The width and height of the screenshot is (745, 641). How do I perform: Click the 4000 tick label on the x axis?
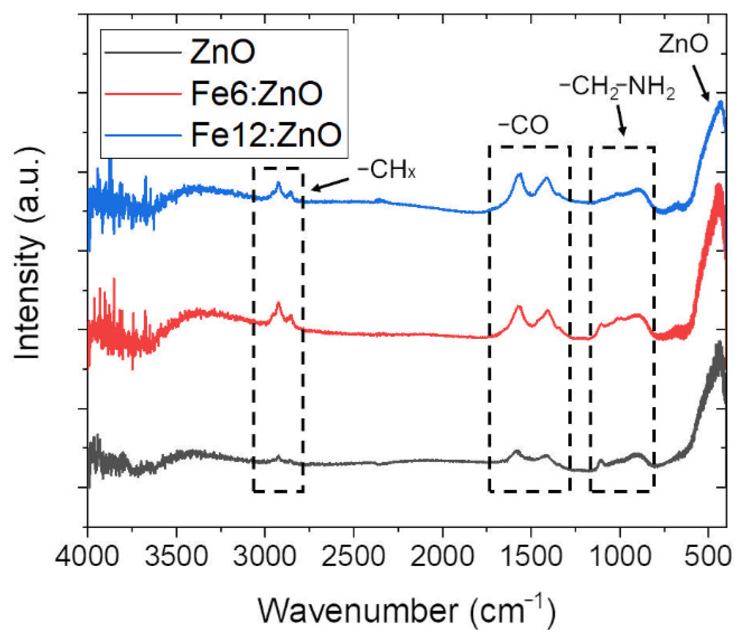(x=87, y=557)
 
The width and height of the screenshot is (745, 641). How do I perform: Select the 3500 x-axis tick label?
(x=176, y=557)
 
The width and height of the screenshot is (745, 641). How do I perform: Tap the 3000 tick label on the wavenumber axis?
(x=265, y=557)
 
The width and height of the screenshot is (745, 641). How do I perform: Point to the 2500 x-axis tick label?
(x=353, y=557)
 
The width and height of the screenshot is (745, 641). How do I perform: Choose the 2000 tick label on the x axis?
(x=442, y=557)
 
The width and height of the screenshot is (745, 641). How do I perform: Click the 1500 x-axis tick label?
(x=531, y=557)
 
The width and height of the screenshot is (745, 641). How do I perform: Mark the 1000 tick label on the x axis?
(x=620, y=557)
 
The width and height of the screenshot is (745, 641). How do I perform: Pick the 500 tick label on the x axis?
(x=708, y=557)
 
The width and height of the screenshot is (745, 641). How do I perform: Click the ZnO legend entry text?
(x=223, y=52)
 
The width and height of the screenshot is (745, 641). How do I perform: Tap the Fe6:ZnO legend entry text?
(x=257, y=93)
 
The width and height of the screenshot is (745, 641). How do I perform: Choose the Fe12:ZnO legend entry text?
(x=266, y=134)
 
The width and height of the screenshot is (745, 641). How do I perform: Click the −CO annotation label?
(x=524, y=125)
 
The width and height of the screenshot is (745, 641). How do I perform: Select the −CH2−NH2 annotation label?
(x=617, y=87)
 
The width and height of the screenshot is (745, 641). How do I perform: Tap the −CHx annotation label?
(x=387, y=170)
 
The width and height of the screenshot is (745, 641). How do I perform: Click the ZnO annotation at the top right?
(x=683, y=43)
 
